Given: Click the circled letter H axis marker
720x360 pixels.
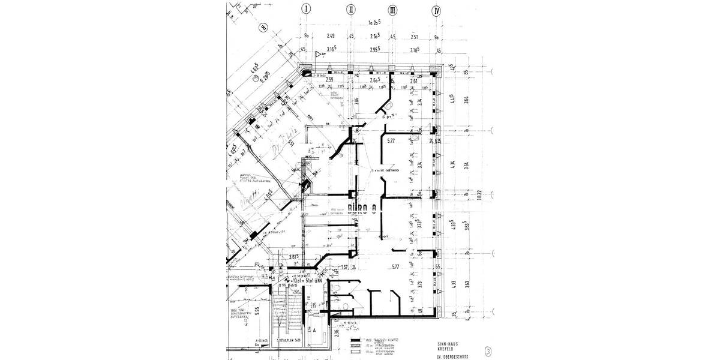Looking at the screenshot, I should [x=262, y=27].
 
